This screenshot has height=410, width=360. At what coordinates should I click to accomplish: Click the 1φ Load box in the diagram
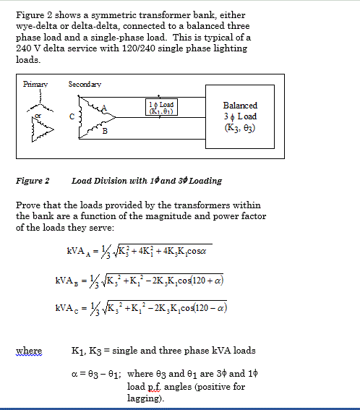click(x=161, y=108)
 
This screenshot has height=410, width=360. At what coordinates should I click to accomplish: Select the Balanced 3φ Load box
click(x=241, y=116)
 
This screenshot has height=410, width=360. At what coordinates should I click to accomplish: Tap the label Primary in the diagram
click(x=34, y=84)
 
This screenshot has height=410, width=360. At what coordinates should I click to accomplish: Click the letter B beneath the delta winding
click(x=104, y=131)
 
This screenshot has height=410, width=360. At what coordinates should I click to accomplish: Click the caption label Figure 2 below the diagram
click(x=33, y=180)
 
